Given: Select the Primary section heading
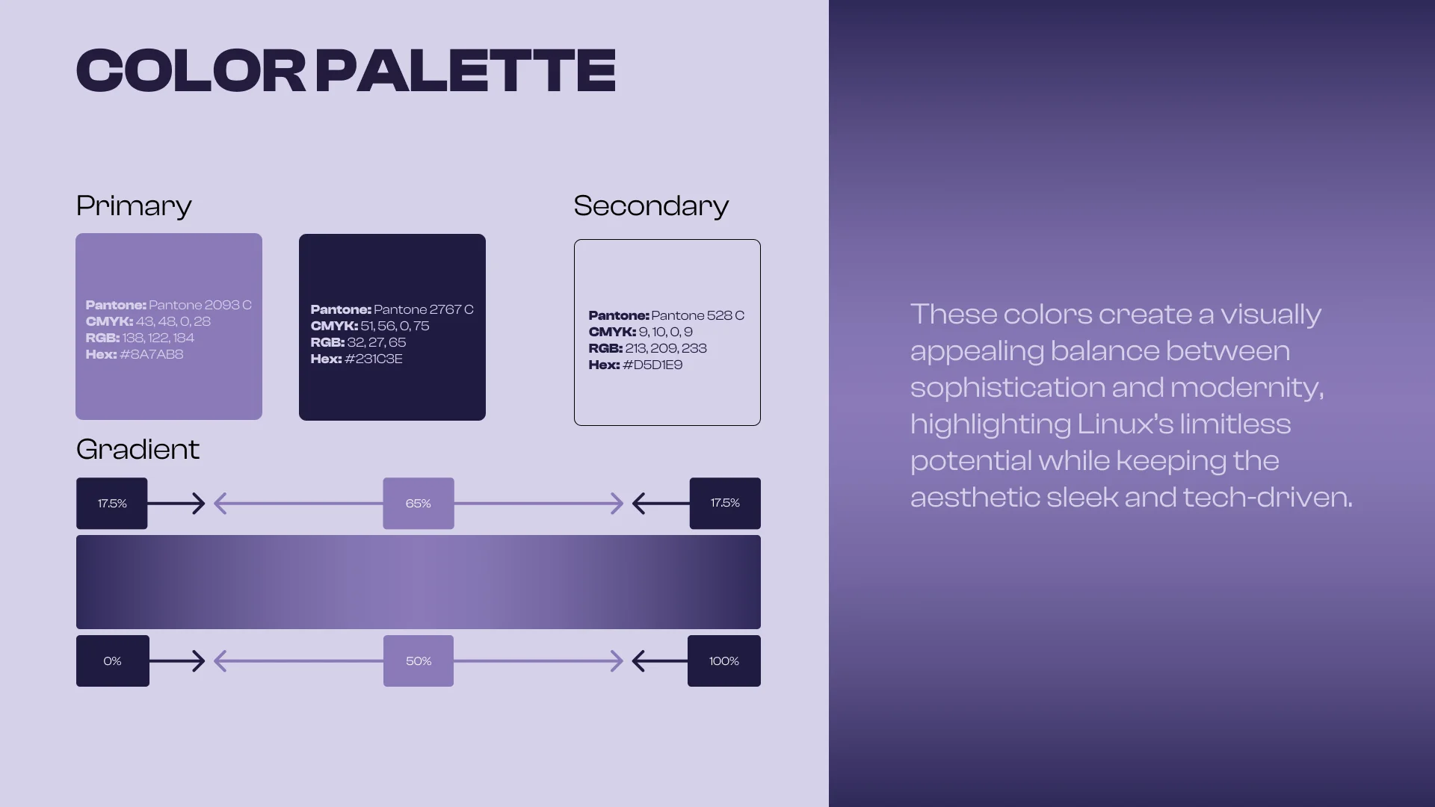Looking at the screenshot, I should [x=134, y=206].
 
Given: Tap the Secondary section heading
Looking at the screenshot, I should [x=651, y=206].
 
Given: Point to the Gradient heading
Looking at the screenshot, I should [x=138, y=450].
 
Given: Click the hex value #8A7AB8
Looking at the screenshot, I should [x=151, y=354].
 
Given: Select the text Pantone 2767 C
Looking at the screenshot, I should [x=423, y=309].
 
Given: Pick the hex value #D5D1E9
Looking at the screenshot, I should [x=652, y=365].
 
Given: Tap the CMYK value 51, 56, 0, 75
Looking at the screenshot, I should [x=395, y=326].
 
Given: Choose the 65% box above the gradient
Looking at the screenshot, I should [x=419, y=504].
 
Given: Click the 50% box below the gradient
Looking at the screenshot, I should [x=419, y=661].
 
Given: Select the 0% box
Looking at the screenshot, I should [x=112, y=661].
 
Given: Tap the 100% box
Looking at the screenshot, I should [x=723, y=661].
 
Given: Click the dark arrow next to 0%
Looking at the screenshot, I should [x=177, y=661].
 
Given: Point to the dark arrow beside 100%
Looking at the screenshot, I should [x=659, y=661].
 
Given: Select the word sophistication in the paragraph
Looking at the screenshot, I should [x=1007, y=388].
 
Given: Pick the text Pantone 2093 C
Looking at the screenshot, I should [x=200, y=305].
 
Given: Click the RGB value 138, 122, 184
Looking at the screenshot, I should [x=158, y=338].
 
